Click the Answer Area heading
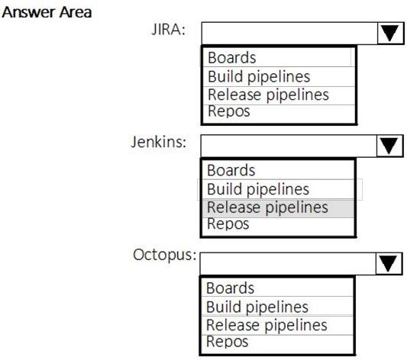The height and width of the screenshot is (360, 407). [x=47, y=12]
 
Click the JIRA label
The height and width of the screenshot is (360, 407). [x=169, y=29]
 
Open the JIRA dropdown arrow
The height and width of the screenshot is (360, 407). [x=390, y=33]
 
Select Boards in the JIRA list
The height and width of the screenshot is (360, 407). [x=232, y=57]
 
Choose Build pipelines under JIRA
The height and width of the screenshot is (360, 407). [x=259, y=76]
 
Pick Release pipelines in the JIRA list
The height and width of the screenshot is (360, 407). [x=268, y=95]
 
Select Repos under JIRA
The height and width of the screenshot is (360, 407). [x=228, y=111]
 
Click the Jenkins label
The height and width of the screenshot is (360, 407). [x=159, y=142]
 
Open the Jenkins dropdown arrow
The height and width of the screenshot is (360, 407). [x=389, y=146]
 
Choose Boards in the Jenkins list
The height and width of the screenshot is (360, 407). [x=231, y=170]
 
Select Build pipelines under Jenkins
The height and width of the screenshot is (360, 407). [x=258, y=189]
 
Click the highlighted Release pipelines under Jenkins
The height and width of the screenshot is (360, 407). [x=267, y=207]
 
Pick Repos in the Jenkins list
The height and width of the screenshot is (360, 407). [x=228, y=224]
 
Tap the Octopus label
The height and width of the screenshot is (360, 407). [x=165, y=255]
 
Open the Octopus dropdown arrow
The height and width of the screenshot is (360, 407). [x=389, y=264]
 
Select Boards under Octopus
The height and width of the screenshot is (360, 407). [x=230, y=288]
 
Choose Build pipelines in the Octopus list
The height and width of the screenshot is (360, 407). [x=257, y=307]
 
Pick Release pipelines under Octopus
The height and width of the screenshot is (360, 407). [x=266, y=325]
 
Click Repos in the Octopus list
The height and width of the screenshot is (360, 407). [x=227, y=342]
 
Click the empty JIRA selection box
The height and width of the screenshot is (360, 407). [x=289, y=33]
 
